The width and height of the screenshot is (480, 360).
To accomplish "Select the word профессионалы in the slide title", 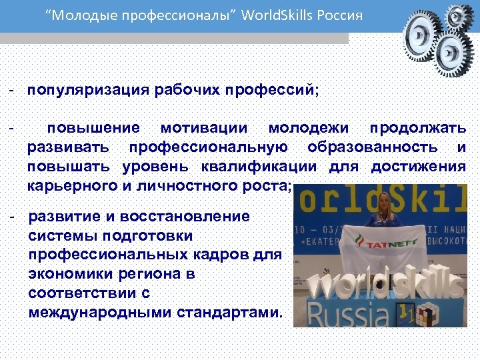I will click(169, 15).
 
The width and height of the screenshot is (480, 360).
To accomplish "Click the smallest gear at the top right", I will click(458, 15).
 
